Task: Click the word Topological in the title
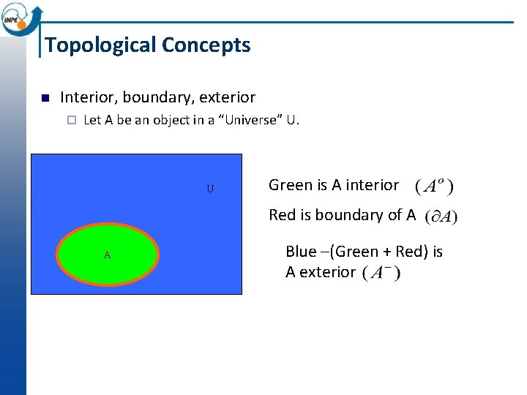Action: (100, 45)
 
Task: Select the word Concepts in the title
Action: (206, 45)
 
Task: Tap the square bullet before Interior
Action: (44, 98)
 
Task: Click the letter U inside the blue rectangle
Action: (210, 189)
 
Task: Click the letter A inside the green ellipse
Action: (107, 255)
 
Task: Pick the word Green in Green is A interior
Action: (290, 185)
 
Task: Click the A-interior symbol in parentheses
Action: (434, 186)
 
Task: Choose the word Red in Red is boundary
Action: (283, 215)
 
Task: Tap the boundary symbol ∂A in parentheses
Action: (441, 217)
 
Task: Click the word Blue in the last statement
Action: (301, 252)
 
